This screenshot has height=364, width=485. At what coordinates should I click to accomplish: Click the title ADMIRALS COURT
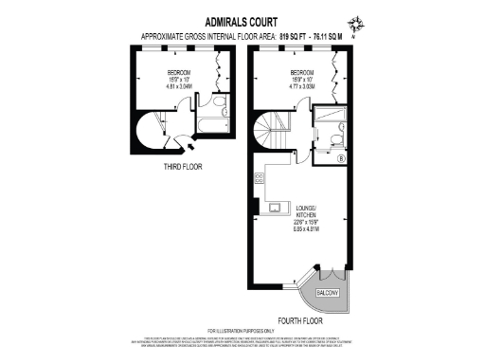[x=242, y=20]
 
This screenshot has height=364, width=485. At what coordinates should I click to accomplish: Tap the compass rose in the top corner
[x=353, y=24]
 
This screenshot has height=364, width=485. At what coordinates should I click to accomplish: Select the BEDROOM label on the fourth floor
[x=302, y=72]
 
